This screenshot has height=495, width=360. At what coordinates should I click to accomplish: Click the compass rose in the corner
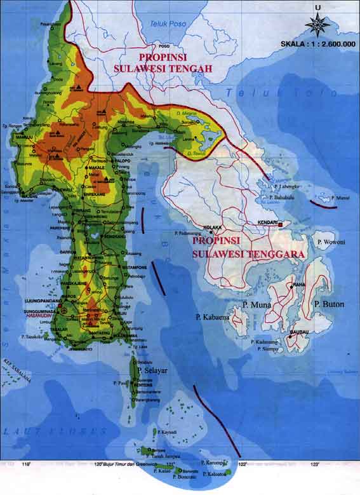point(317,24)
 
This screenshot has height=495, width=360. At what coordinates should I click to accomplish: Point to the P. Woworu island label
point(330,242)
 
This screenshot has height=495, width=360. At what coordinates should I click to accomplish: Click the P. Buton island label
point(329,304)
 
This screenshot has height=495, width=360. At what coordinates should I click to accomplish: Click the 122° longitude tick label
point(242,464)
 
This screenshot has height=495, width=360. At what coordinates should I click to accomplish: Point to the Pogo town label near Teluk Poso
point(166,46)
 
